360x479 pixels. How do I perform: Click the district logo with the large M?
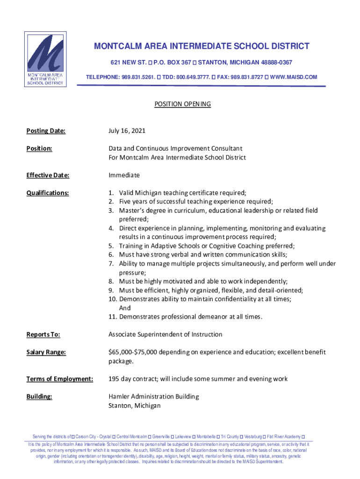tap(45, 59)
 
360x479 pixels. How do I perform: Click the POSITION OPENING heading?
tap(182, 104)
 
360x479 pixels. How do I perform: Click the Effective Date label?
tap(48, 175)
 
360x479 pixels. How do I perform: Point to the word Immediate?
tap(124, 175)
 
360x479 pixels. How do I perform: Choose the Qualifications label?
tap(48, 193)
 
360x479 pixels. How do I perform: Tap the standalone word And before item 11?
tap(125, 308)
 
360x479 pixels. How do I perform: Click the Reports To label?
tap(43, 334)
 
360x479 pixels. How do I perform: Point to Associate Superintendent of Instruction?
tap(165, 334)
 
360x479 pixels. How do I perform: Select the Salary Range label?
tap(45, 352)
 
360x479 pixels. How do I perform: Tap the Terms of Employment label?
tap(59, 379)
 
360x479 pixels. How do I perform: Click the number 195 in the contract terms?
tap(115, 379)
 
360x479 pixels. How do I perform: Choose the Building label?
tap(39, 397)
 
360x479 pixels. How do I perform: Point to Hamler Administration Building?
tap(153, 397)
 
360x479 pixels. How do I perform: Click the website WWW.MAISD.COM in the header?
tap(294, 77)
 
